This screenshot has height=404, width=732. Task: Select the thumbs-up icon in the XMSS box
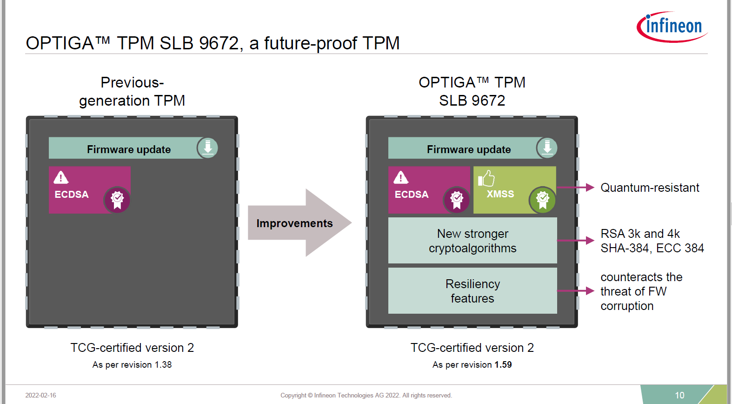(x=486, y=178)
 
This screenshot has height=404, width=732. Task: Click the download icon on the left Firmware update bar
(x=207, y=148)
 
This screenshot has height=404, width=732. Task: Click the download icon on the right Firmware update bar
(x=547, y=148)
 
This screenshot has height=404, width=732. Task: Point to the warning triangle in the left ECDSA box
(x=61, y=177)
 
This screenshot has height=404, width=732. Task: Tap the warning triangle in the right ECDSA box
(x=401, y=177)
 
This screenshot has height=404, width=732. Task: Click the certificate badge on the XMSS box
(x=542, y=200)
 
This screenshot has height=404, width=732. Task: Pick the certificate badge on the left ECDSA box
(x=117, y=200)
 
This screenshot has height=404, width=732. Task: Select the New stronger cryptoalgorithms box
(x=472, y=241)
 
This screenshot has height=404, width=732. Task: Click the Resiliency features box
(x=472, y=291)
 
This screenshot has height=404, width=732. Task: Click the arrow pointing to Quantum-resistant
(x=576, y=188)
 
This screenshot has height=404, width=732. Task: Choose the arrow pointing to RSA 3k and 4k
(x=576, y=241)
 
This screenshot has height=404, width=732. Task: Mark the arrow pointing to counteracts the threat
(x=576, y=291)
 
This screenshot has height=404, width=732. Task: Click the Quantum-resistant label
(x=650, y=188)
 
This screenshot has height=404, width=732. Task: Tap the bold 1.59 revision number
(x=503, y=365)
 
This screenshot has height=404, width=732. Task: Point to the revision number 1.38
(x=163, y=365)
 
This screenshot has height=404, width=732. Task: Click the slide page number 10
(x=679, y=395)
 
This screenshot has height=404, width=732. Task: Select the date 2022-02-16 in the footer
(x=40, y=395)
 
